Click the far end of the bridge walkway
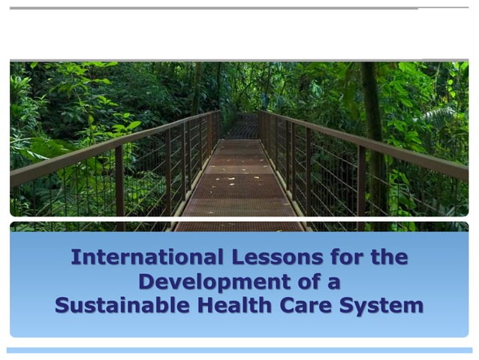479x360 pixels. tap(242, 126)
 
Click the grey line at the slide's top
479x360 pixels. tap(225, 8)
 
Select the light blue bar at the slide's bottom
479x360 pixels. tap(239, 350)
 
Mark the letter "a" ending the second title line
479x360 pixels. tap(335, 283)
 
